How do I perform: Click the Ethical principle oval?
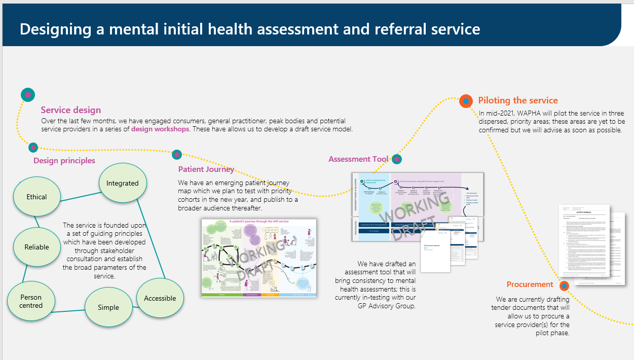[36, 197]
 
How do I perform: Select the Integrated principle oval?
[122, 183]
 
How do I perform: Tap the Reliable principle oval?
[36, 247]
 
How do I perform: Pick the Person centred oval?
[31, 301]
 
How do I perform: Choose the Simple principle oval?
[108, 307]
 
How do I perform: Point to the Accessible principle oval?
[160, 298]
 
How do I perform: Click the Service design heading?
[70, 110]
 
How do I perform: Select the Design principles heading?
[64, 161]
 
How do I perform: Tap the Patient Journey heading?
[206, 169]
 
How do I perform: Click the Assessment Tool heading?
[358, 159]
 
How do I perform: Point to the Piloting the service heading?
[517, 100]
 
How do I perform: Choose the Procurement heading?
[530, 284]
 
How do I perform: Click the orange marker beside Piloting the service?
[466, 101]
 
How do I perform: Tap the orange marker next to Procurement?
[564, 286]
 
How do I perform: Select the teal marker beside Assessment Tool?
[397, 159]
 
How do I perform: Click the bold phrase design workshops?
[160, 129]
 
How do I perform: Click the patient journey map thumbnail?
[258, 258]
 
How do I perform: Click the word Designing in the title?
[56, 29]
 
